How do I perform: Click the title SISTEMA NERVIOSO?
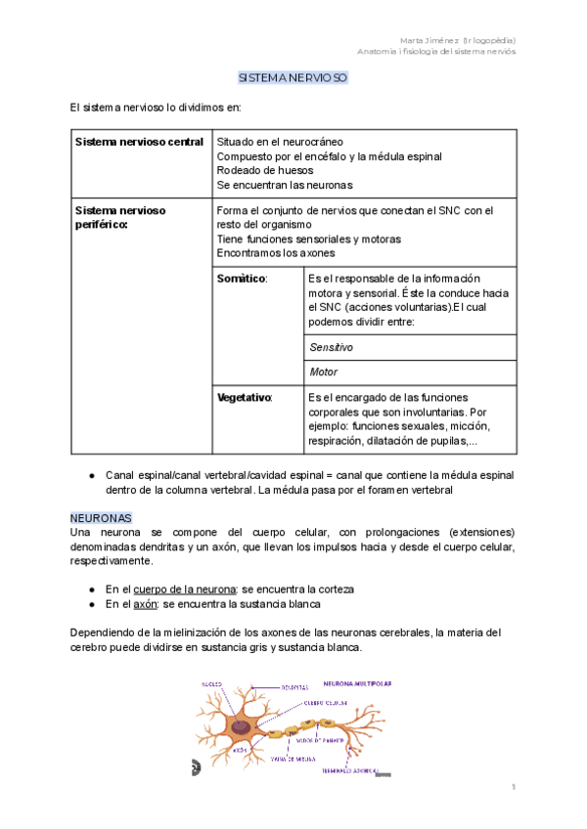293,77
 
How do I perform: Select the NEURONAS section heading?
101,515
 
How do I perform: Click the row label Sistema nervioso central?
139,142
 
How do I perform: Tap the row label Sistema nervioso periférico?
120,217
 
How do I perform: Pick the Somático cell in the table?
241,279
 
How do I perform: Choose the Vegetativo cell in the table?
245,398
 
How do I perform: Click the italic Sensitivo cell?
331,347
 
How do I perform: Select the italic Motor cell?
323,372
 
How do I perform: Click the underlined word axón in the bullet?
145,605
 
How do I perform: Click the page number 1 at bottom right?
512,787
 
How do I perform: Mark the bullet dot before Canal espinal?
91,473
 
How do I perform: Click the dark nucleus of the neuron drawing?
239,726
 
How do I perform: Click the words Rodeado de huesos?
265,170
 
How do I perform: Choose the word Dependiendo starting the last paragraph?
105,632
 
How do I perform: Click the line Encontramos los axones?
276,252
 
